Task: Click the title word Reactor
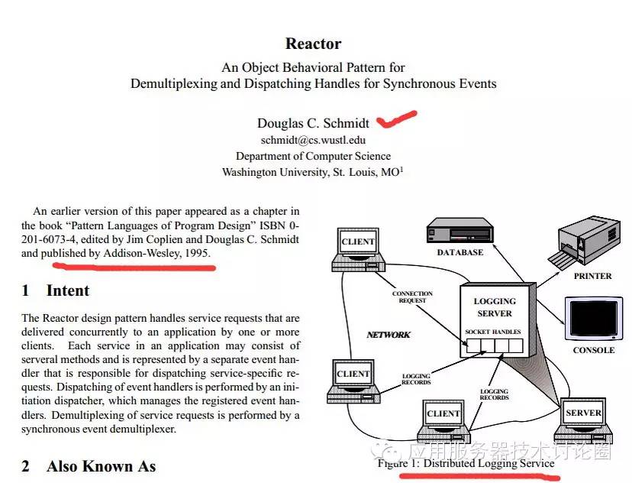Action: pyautogui.click(x=313, y=44)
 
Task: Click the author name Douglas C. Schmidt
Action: pyautogui.click(x=313, y=123)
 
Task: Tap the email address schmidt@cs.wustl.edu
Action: pyautogui.click(x=313, y=140)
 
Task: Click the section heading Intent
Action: pyautogui.click(x=67, y=290)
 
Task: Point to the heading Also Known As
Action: pyautogui.click(x=101, y=466)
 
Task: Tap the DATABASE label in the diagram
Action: pyautogui.click(x=459, y=252)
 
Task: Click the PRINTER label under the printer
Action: pyautogui.click(x=592, y=276)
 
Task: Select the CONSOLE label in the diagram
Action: pyautogui.click(x=593, y=350)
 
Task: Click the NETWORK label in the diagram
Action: pyautogui.click(x=389, y=335)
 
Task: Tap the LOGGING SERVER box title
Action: pyautogui.click(x=494, y=307)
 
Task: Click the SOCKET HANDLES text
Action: pyautogui.click(x=493, y=332)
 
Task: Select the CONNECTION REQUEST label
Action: pyautogui.click(x=412, y=297)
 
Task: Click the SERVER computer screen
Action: pyautogui.click(x=583, y=413)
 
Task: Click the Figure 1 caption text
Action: pyautogui.click(x=466, y=463)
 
